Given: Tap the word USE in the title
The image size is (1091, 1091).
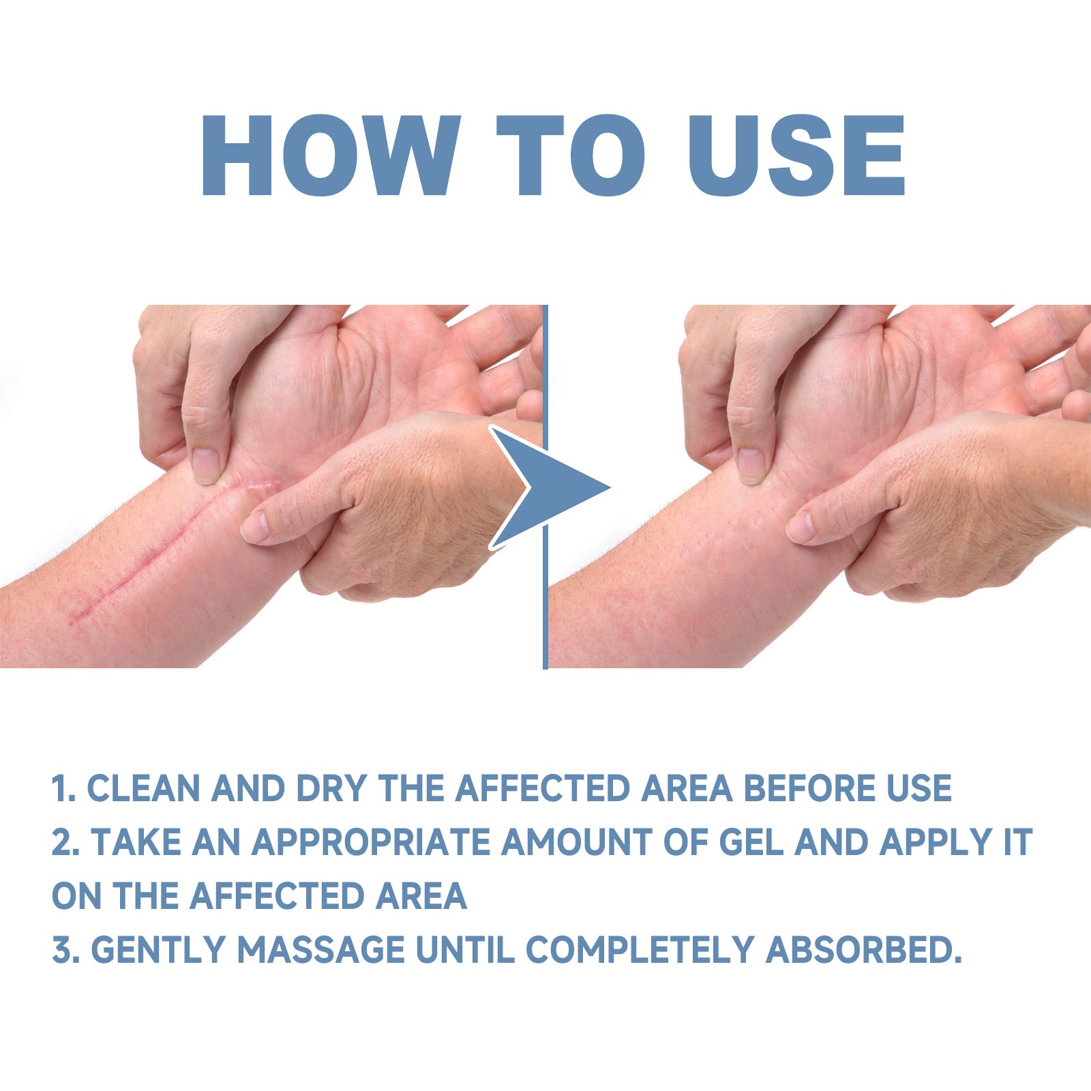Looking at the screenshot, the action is [797, 155].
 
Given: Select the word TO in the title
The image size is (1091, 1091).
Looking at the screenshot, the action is [571, 155].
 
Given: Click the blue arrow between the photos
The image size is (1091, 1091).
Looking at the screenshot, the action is [550, 488].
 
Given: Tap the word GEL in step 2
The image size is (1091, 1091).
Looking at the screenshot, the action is [751, 842].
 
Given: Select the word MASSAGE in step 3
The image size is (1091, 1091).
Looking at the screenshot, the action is [320, 949].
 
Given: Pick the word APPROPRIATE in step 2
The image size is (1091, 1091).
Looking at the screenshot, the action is [371, 842].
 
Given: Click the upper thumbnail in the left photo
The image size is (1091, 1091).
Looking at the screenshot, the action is [205, 466].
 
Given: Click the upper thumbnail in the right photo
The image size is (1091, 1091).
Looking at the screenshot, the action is [750, 466].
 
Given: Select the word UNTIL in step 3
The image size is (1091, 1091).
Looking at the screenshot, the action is [465, 949].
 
